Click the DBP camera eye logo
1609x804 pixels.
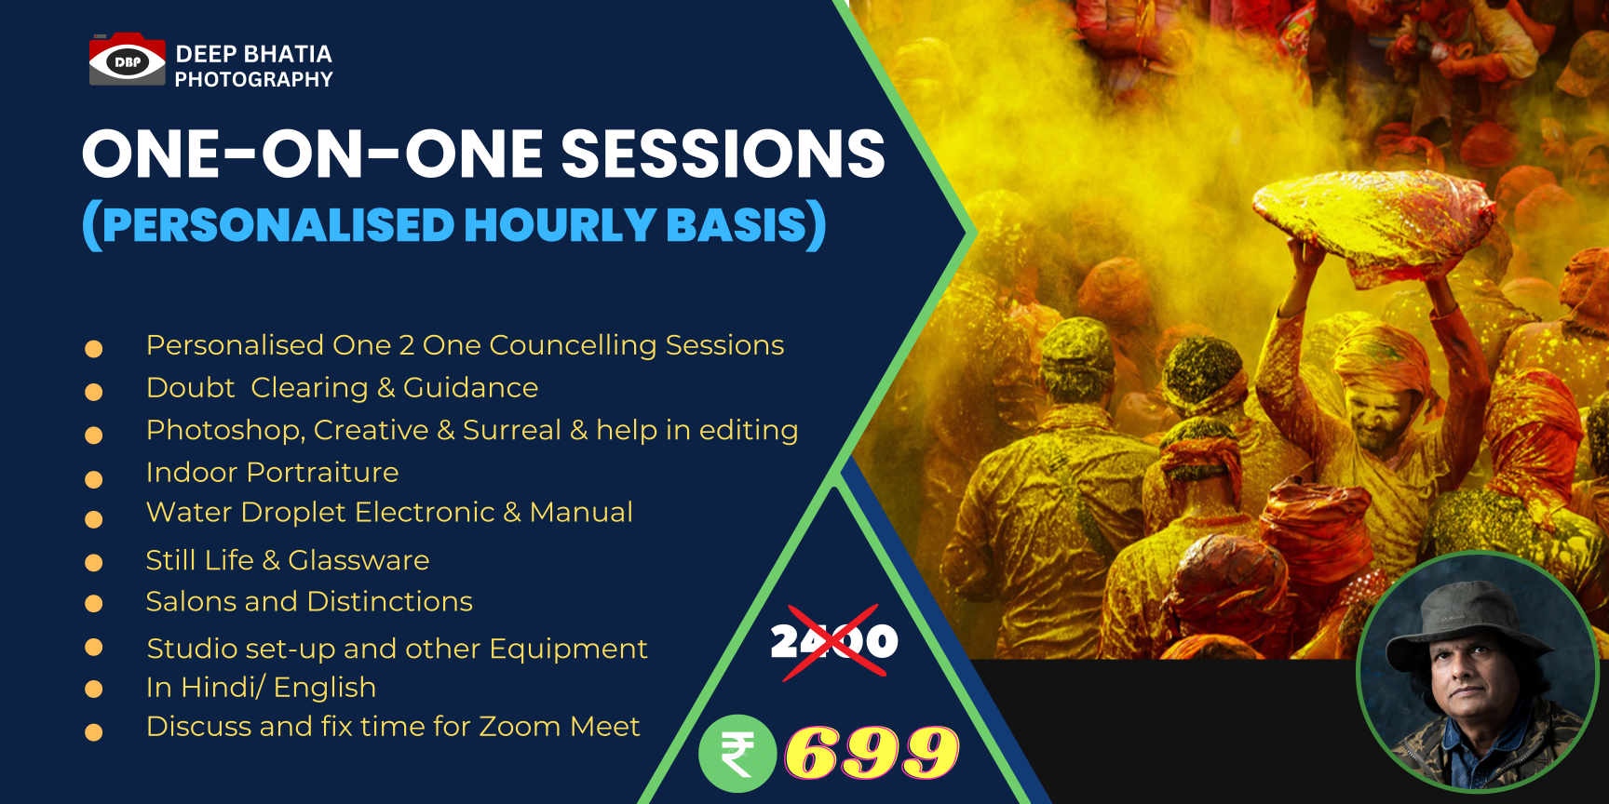[127, 60]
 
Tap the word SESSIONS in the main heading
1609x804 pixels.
[723, 154]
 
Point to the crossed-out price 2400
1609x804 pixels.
[834, 641]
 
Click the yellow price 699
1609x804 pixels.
[872, 753]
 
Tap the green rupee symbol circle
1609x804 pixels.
[737, 754]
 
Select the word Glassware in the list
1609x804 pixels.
[358, 560]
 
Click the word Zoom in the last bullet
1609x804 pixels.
[521, 726]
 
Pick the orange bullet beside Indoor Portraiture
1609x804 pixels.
[93, 480]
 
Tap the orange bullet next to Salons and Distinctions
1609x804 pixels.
[93, 604]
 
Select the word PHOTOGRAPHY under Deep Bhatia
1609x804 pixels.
[253, 80]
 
